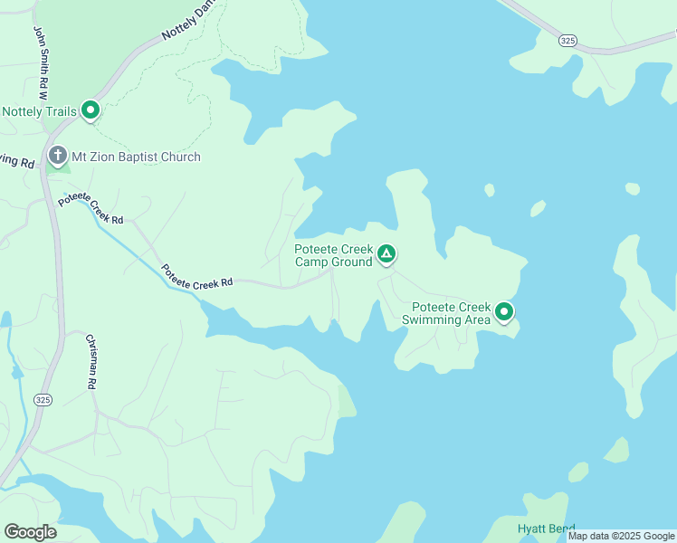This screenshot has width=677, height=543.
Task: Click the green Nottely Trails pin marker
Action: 91,110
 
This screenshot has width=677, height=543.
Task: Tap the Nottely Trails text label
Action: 40,112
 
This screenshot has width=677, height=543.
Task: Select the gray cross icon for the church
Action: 58,156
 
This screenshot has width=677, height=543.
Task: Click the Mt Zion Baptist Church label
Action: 137,157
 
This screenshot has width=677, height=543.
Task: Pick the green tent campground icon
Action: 386,254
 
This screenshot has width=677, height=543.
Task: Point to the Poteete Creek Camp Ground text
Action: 333,255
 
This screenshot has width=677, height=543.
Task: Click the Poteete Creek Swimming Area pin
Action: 503,312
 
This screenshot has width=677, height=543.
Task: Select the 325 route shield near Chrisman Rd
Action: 42,399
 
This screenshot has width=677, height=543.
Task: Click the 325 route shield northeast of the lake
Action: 567,41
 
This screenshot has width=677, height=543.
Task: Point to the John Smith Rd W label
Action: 41,62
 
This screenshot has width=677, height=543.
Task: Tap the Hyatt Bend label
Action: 546,529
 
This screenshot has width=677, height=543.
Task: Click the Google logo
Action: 30,532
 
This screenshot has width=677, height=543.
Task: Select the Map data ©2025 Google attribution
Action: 621,536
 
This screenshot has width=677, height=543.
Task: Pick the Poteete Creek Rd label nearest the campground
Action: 197,277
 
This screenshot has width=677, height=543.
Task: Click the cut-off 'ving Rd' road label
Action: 16,160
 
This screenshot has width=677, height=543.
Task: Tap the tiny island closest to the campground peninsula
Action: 489,190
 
